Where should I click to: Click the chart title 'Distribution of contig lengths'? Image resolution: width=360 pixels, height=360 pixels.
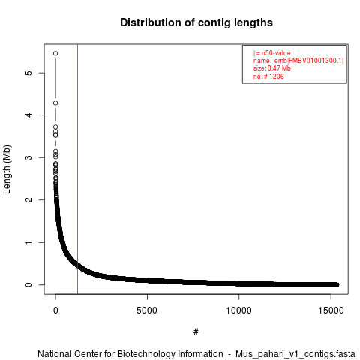pos(196,22)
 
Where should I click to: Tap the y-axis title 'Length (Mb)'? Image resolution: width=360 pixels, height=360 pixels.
pos(7,169)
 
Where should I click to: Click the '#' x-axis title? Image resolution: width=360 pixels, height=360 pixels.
pos(196,332)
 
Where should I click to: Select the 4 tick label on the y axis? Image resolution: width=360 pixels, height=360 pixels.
pos(28,115)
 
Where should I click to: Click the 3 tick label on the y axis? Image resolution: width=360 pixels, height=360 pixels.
pos(28,157)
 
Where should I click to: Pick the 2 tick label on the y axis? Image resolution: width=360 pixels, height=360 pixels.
pos(28,199)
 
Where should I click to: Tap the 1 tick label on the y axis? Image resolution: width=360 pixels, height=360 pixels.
pos(28,242)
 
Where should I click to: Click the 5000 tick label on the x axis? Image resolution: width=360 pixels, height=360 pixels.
pos(147,310)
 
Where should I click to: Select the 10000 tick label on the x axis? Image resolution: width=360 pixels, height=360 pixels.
pos(238,310)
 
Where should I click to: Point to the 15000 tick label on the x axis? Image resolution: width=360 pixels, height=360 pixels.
pos(331,310)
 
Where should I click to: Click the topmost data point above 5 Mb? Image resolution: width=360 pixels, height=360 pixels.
pos(55,53)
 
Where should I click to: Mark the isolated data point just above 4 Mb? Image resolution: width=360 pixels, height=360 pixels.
pos(55,103)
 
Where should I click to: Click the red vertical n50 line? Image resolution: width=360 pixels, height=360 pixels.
pos(78,169)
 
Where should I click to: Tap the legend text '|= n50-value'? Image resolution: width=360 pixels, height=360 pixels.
pos(272,53)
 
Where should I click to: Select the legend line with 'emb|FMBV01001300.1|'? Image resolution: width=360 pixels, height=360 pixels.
pos(298,61)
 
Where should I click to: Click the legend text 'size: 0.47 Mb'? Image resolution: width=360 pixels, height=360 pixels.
pos(272,68)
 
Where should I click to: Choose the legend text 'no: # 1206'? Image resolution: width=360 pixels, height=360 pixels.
pos(268,76)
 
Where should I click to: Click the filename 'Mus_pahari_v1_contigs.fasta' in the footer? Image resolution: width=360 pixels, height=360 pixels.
pos(295,354)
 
